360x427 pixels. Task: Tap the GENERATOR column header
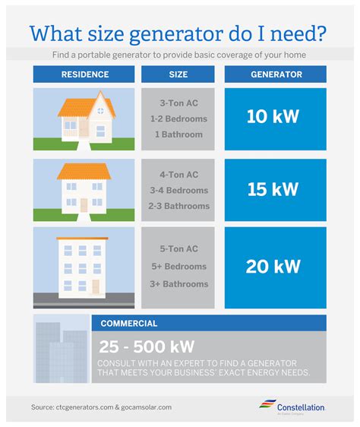click(x=275, y=74)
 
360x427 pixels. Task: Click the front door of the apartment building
click(x=94, y=286)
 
